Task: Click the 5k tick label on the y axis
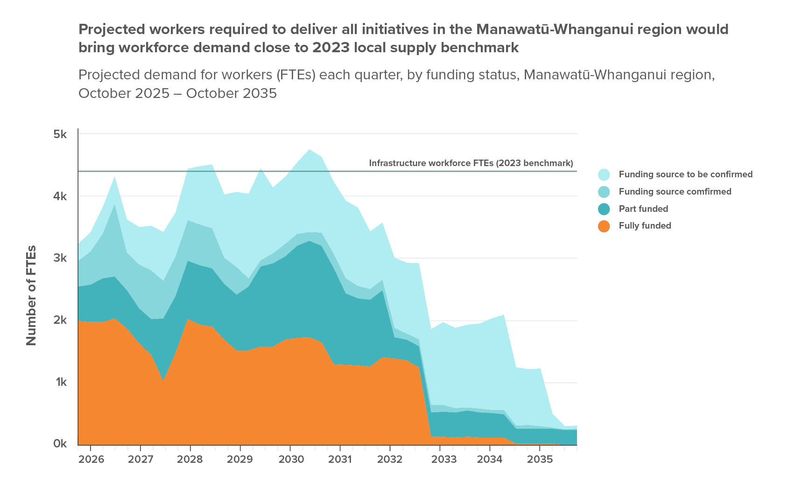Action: click(x=60, y=135)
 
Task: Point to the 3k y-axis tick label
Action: click(x=60, y=258)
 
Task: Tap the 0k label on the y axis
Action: click(x=60, y=444)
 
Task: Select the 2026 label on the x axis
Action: click(x=91, y=460)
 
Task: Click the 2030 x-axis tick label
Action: click(x=291, y=460)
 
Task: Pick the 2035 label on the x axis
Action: click(x=540, y=460)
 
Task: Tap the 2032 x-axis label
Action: click(x=390, y=460)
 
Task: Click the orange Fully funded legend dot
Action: click(x=604, y=226)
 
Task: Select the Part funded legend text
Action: click(x=643, y=209)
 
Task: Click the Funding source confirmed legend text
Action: click(x=675, y=192)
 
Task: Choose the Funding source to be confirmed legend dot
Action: click(x=604, y=174)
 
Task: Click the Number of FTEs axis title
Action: click(x=31, y=295)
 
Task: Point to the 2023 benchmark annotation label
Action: click(x=471, y=163)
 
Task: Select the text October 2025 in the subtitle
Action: click(x=124, y=93)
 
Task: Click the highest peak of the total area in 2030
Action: click(x=309, y=150)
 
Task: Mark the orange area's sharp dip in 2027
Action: click(x=163, y=380)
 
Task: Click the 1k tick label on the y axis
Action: click(x=60, y=382)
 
